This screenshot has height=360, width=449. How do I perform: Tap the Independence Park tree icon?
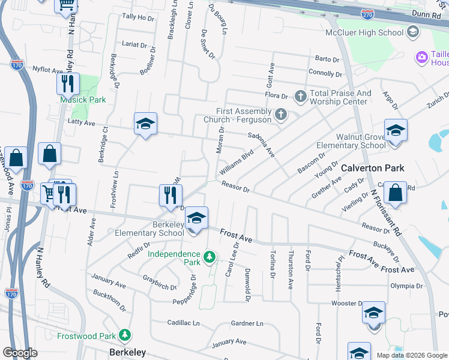[x=209, y=257]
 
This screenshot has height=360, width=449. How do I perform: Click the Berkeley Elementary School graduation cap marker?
[x=196, y=218]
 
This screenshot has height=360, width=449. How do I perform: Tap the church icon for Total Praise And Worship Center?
[x=300, y=96]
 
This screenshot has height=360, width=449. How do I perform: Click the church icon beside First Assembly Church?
[x=280, y=114]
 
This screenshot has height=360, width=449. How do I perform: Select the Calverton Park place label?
[x=373, y=169]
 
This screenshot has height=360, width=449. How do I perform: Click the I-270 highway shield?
[x=368, y=12]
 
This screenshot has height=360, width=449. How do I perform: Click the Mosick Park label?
[x=83, y=100]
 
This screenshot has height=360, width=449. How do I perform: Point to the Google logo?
[x=20, y=353]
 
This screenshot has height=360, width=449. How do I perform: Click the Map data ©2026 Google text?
[x=412, y=355]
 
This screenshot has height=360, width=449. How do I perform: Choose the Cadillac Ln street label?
[x=183, y=323]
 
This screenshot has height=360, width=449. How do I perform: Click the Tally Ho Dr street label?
[x=138, y=18]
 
